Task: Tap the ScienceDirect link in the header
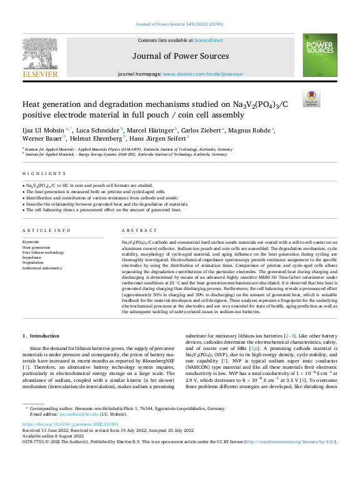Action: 208,40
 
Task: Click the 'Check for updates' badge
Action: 311,98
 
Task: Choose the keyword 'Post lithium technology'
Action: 43,252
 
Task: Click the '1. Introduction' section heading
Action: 41,336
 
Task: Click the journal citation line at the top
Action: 179,24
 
